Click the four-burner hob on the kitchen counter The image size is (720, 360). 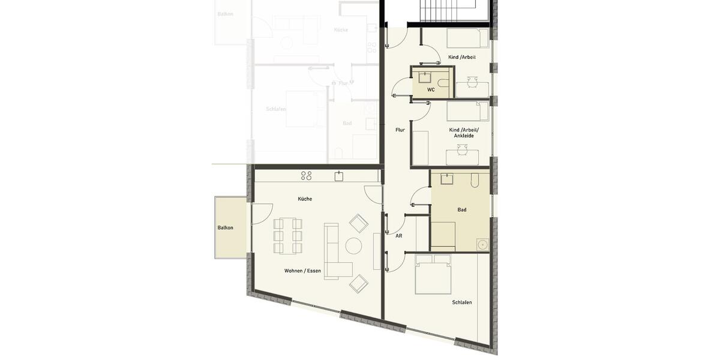pyautogui.click(x=306, y=176)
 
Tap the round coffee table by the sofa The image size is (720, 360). pyautogui.click(x=353, y=246)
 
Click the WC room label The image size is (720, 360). pyautogui.click(x=431, y=89)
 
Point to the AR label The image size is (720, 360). pyautogui.click(x=398, y=236)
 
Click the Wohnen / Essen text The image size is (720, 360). pyautogui.click(x=302, y=271)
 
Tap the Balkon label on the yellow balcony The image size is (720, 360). pyautogui.click(x=226, y=227)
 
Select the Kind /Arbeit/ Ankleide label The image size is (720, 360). pyautogui.click(x=464, y=133)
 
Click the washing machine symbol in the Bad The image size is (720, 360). pyautogui.click(x=482, y=244)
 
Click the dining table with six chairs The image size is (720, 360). pyautogui.click(x=288, y=236)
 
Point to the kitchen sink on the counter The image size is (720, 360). pyautogui.click(x=339, y=176)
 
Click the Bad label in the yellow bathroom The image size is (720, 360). pyautogui.click(x=462, y=210)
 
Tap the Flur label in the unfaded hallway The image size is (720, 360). pyautogui.click(x=400, y=130)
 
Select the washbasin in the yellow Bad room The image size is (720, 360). pyautogui.click(x=447, y=178)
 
